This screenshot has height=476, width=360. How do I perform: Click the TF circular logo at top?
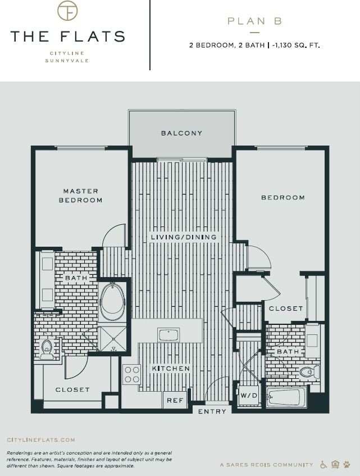click(67, 11)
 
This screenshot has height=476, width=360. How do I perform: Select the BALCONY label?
click(181, 133)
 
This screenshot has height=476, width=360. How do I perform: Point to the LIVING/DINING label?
click(183, 237)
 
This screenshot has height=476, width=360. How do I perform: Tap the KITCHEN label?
click(170, 369)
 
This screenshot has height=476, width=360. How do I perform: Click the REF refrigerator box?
click(175, 400)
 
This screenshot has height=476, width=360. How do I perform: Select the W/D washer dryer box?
click(248, 395)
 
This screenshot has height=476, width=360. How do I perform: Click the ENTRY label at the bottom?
click(212, 411)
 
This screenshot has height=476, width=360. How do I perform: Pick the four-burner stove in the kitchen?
click(131, 374)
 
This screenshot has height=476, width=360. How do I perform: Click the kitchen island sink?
click(168, 335)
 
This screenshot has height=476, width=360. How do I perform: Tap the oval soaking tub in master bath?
click(112, 302)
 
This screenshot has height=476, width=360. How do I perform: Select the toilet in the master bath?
click(47, 348)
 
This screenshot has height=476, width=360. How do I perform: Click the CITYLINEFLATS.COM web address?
click(40, 440)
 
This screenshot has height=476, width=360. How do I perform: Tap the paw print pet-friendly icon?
click(347, 464)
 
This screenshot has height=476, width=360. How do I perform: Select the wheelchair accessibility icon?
click(323, 464)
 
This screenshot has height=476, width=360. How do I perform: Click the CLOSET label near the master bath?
click(72, 389)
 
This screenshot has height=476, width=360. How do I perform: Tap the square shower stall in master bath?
click(112, 338)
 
